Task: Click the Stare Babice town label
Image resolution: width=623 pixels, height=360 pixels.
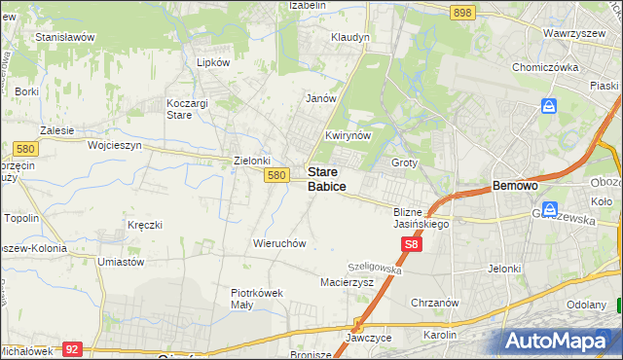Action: pyautogui.click(x=327, y=178)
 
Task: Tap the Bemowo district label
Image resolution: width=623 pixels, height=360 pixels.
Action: pyautogui.click(x=516, y=185)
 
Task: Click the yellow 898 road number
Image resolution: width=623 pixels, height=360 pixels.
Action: pyautogui.click(x=463, y=12)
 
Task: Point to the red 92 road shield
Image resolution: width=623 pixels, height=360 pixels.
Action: pyautogui.click(x=71, y=347)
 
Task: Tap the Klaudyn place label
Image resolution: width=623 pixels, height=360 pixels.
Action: pyautogui.click(x=350, y=37)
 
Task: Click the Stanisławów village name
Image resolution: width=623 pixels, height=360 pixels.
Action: pyautogui.click(x=64, y=37)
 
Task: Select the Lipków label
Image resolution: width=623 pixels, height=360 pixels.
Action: pyautogui.click(x=213, y=62)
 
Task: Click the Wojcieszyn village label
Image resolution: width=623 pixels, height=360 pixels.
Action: pyautogui.click(x=115, y=145)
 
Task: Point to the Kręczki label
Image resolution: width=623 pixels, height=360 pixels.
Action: pyautogui.click(x=144, y=225)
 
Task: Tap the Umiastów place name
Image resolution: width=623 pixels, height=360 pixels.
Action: pyautogui.click(x=122, y=262)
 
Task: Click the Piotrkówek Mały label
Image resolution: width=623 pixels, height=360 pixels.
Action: pyautogui.click(x=255, y=297)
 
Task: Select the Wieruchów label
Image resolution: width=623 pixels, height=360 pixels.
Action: pyautogui.click(x=280, y=243)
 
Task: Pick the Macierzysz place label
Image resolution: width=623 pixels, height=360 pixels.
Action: pyautogui.click(x=348, y=282)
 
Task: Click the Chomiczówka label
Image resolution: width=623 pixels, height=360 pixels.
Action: pyautogui.click(x=546, y=68)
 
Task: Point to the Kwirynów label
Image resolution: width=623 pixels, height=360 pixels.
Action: pyautogui.click(x=348, y=136)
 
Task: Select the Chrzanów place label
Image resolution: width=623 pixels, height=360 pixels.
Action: pyautogui.click(x=435, y=303)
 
